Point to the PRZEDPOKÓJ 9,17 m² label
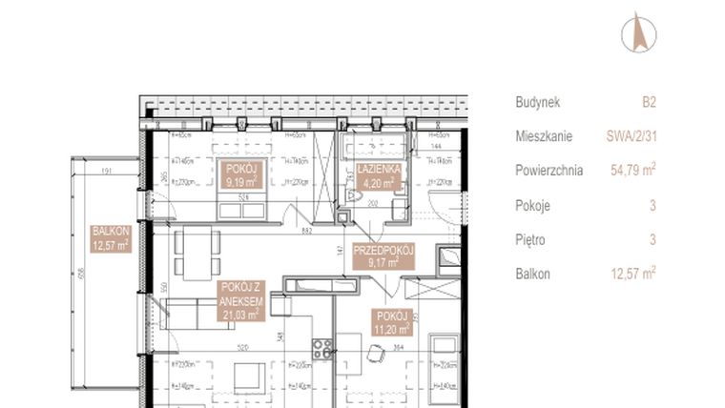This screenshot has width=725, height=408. click(x=384, y=255)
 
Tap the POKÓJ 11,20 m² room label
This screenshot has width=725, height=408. click(x=392, y=322)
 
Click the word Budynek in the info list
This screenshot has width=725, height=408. click(x=537, y=102)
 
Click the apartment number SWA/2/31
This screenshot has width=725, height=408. click(x=632, y=136)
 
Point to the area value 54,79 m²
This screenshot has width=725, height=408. click(x=631, y=171)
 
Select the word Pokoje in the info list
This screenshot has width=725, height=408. click(x=532, y=205)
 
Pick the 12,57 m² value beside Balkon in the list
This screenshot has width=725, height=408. click(x=631, y=274)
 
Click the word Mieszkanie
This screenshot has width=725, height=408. click(x=544, y=136)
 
